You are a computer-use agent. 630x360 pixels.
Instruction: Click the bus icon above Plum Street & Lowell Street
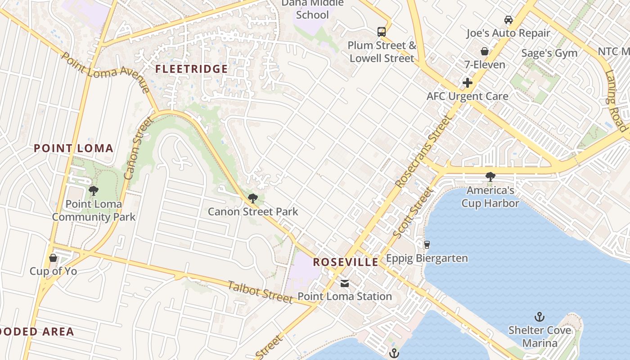(382, 31)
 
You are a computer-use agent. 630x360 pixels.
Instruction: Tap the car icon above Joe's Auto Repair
(508, 20)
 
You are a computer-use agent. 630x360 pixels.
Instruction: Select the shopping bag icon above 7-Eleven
(485, 51)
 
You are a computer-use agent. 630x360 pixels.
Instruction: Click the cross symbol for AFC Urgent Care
(468, 83)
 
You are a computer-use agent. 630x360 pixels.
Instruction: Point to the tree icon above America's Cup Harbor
(490, 177)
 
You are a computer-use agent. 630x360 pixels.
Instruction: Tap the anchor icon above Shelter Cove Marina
(539, 317)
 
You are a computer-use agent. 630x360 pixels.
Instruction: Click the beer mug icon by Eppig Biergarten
(427, 245)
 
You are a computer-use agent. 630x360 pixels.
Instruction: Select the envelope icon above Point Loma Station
(345, 283)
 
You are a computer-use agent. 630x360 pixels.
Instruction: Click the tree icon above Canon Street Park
(253, 198)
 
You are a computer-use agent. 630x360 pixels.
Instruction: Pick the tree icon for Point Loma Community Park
(94, 191)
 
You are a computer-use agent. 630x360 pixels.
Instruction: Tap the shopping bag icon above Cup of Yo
(53, 258)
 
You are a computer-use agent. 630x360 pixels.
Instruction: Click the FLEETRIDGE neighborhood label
(192, 69)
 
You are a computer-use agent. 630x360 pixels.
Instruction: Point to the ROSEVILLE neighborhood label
(346, 262)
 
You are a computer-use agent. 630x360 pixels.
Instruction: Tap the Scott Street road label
(412, 213)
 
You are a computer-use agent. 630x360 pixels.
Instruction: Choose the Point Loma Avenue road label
(105, 72)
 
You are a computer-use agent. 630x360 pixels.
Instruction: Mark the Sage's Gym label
(549, 53)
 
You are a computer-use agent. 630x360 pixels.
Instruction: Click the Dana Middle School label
(313, 9)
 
